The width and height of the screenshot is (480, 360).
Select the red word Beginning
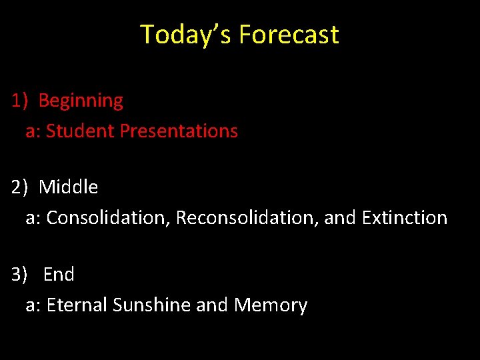point(81,101)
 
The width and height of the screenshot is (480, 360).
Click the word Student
point(80,131)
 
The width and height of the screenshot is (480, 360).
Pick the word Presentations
point(179,131)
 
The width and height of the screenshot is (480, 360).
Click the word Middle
point(68,187)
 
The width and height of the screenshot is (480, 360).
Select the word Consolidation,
point(108,218)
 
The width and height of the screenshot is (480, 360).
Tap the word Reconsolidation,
point(247,218)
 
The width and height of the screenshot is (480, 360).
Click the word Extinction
point(405,218)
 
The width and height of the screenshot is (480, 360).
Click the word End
point(59,275)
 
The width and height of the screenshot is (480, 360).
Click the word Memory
point(271,305)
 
